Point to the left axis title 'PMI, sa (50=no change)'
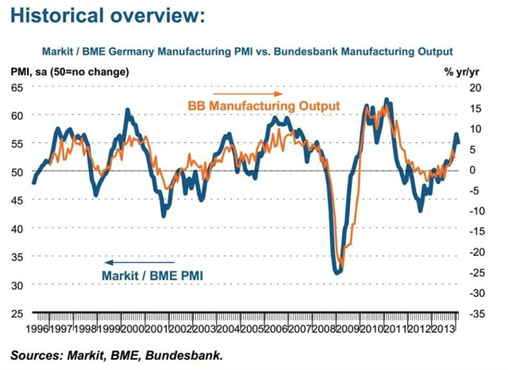click(70, 72)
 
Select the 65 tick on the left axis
click(17, 87)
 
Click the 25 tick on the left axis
click(17, 313)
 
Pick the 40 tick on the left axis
click(17, 228)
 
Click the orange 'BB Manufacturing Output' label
click(264, 106)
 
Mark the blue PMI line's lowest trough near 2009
click(337, 272)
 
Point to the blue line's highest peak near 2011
click(387, 100)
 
